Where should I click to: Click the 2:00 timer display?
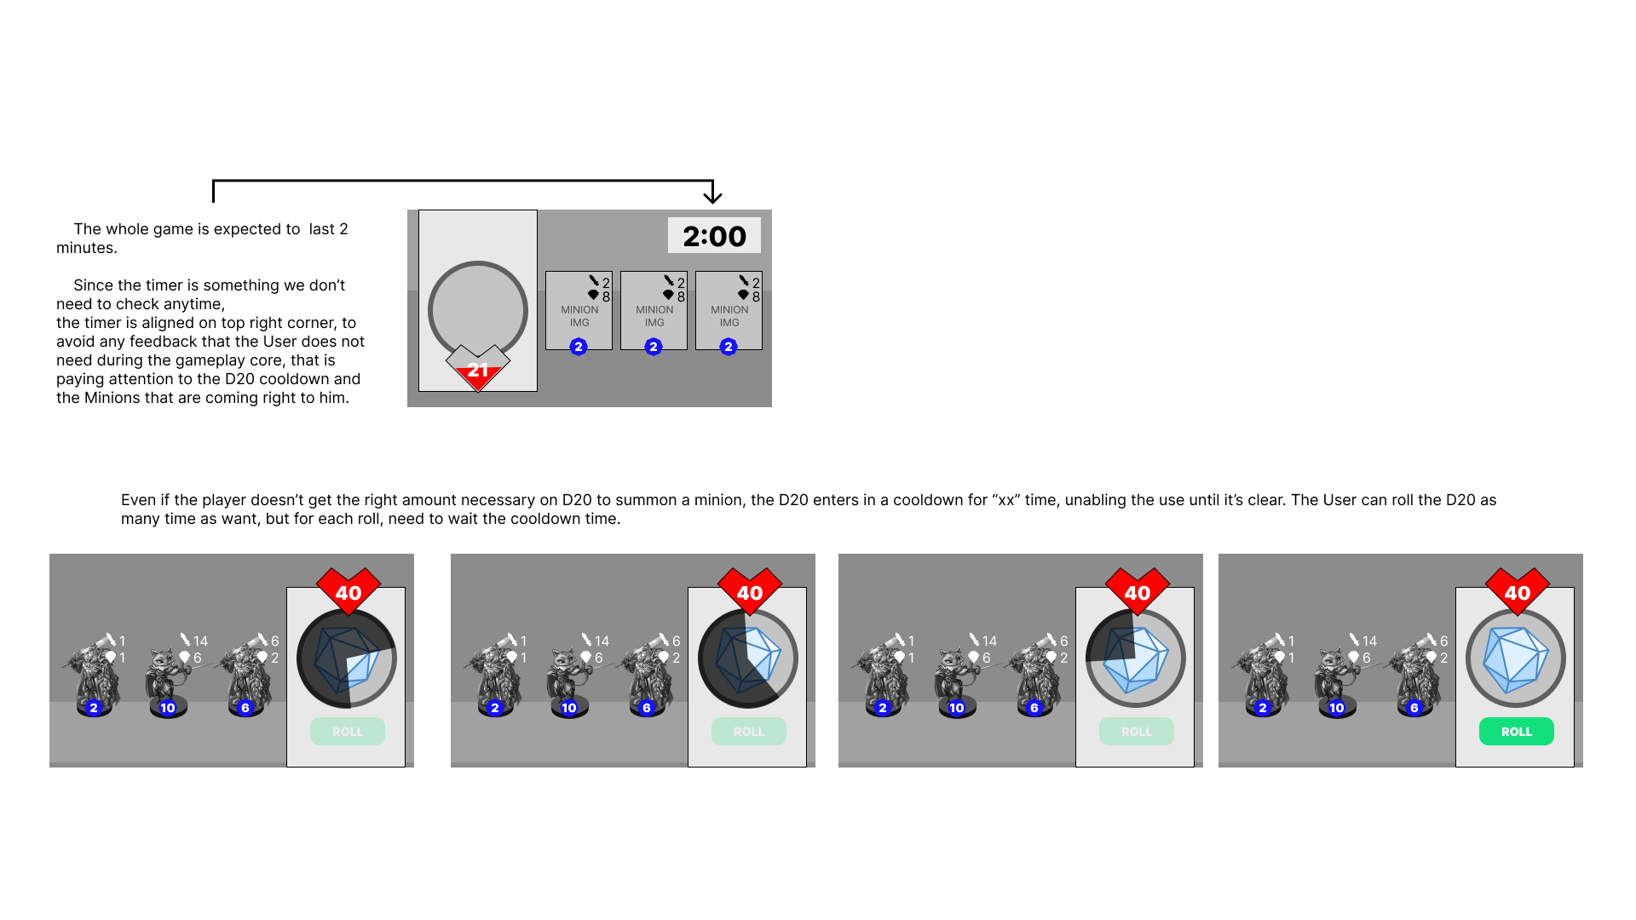[714, 236]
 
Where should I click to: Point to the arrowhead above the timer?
[712, 196]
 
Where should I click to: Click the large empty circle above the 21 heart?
[478, 310]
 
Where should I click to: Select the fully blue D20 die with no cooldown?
[1516, 658]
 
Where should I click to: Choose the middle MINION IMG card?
[654, 310]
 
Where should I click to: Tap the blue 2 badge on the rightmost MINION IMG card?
[729, 347]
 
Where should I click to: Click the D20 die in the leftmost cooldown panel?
[347, 658]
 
